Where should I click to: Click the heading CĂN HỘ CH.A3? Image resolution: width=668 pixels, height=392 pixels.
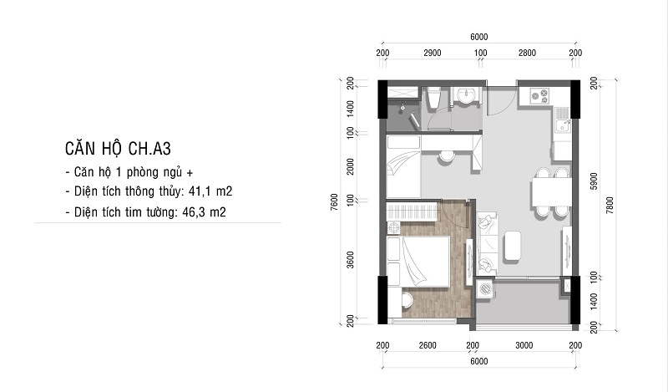[x=118, y=149]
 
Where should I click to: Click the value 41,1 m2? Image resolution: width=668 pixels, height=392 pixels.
[x=210, y=191]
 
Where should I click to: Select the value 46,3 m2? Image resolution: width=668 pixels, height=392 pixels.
[x=204, y=211]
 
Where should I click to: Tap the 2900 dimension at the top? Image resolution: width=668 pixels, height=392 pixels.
[x=432, y=53]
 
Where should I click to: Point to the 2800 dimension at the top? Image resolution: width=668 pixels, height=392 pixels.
[x=527, y=53]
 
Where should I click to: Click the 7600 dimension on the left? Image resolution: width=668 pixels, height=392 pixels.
[x=335, y=201]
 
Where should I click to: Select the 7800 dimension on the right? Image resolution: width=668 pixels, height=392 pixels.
[x=610, y=205]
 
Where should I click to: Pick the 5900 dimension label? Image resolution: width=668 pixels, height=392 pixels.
[x=594, y=181]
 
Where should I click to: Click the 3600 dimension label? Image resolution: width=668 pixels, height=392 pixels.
[x=350, y=259]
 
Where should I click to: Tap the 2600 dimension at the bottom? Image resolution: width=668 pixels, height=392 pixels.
[x=428, y=345]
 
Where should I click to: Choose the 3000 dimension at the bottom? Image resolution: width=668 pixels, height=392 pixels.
[x=524, y=345]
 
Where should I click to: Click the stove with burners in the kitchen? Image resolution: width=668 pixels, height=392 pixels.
[x=540, y=96]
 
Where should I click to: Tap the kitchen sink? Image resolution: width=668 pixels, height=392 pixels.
[x=563, y=120]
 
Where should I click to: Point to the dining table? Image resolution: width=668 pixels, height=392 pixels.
[x=551, y=192]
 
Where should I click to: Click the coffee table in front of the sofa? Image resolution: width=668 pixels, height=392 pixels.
[x=512, y=246]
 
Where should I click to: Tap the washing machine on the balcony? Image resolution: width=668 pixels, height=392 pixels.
[x=485, y=288]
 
